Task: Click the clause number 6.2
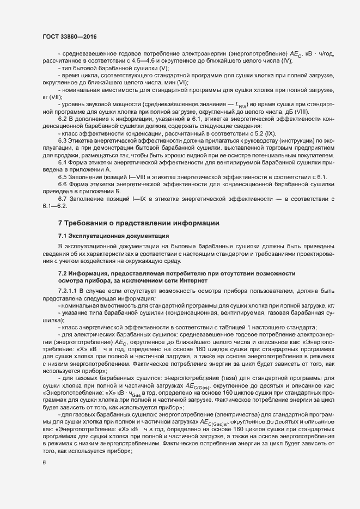tap(63, 118)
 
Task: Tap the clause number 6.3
tap(63, 140)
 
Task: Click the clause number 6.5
tap(63, 178)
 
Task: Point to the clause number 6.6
tap(63, 185)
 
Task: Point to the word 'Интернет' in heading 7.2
tap(192, 280)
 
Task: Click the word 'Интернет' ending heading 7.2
tap(192, 280)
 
